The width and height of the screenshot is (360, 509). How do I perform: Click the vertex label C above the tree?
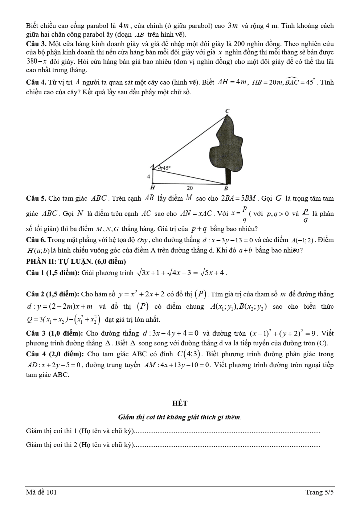pyautogui.click(x=228, y=110)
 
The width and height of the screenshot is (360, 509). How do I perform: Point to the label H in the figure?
pyautogui.click(x=152, y=188)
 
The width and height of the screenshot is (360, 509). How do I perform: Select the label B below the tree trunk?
pyautogui.click(x=226, y=189)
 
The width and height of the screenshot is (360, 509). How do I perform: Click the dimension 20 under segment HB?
pyautogui.click(x=190, y=188)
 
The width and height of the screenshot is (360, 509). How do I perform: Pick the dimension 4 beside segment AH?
pyautogui.click(x=148, y=177)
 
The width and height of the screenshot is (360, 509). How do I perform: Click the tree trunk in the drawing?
pyautogui.click(x=228, y=176)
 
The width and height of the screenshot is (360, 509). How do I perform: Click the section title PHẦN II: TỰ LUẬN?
pyautogui.click(x=76, y=262)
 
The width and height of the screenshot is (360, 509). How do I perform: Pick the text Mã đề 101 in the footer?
pyautogui.click(x=41, y=492)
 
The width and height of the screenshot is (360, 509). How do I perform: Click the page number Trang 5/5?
pyautogui.click(x=319, y=492)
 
